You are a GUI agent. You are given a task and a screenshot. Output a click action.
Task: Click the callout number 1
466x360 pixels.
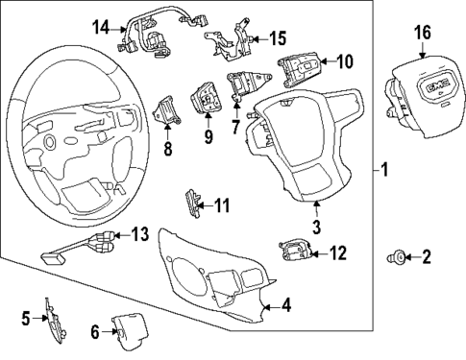(384, 173)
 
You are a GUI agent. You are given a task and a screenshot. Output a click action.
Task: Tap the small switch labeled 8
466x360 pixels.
(166, 110)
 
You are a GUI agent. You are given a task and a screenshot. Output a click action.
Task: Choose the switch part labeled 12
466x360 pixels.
(296, 252)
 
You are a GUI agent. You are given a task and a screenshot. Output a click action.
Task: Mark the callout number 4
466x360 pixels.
(285, 307)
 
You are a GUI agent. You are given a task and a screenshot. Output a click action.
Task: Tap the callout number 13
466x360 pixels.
(140, 234)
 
